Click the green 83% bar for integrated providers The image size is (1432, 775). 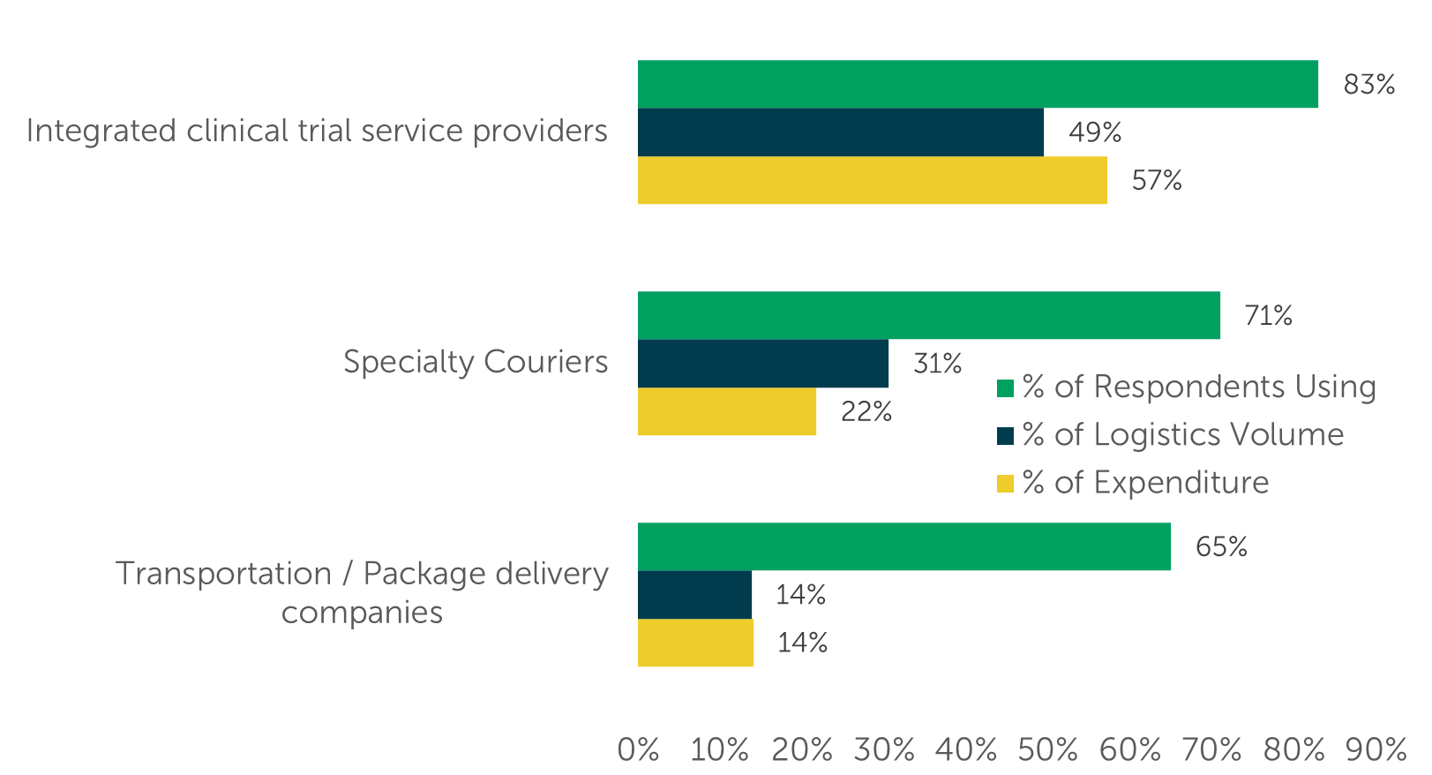point(978,84)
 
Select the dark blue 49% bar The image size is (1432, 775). point(840,132)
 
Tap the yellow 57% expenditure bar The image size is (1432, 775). point(872,180)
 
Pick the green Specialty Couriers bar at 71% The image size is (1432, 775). point(928,315)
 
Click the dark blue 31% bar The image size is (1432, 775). point(762,363)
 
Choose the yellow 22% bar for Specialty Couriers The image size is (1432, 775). point(726,411)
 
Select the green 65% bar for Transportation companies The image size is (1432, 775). point(903,546)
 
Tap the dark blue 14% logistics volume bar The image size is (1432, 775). point(694,594)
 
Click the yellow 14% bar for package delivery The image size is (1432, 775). point(695,643)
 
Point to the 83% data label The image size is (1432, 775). point(1368,85)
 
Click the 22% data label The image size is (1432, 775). point(866,412)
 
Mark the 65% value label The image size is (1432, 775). point(1221,547)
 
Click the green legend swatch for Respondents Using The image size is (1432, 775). point(1005,388)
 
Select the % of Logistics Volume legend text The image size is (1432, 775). point(1182,435)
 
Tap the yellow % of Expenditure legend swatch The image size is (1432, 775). point(1005,484)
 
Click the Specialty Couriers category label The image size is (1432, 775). point(476,362)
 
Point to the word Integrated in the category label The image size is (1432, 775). point(101,131)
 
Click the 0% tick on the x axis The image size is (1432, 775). point(638,750)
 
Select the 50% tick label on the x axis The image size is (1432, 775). point(1047,750)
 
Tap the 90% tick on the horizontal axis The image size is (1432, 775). point(1375,750)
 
